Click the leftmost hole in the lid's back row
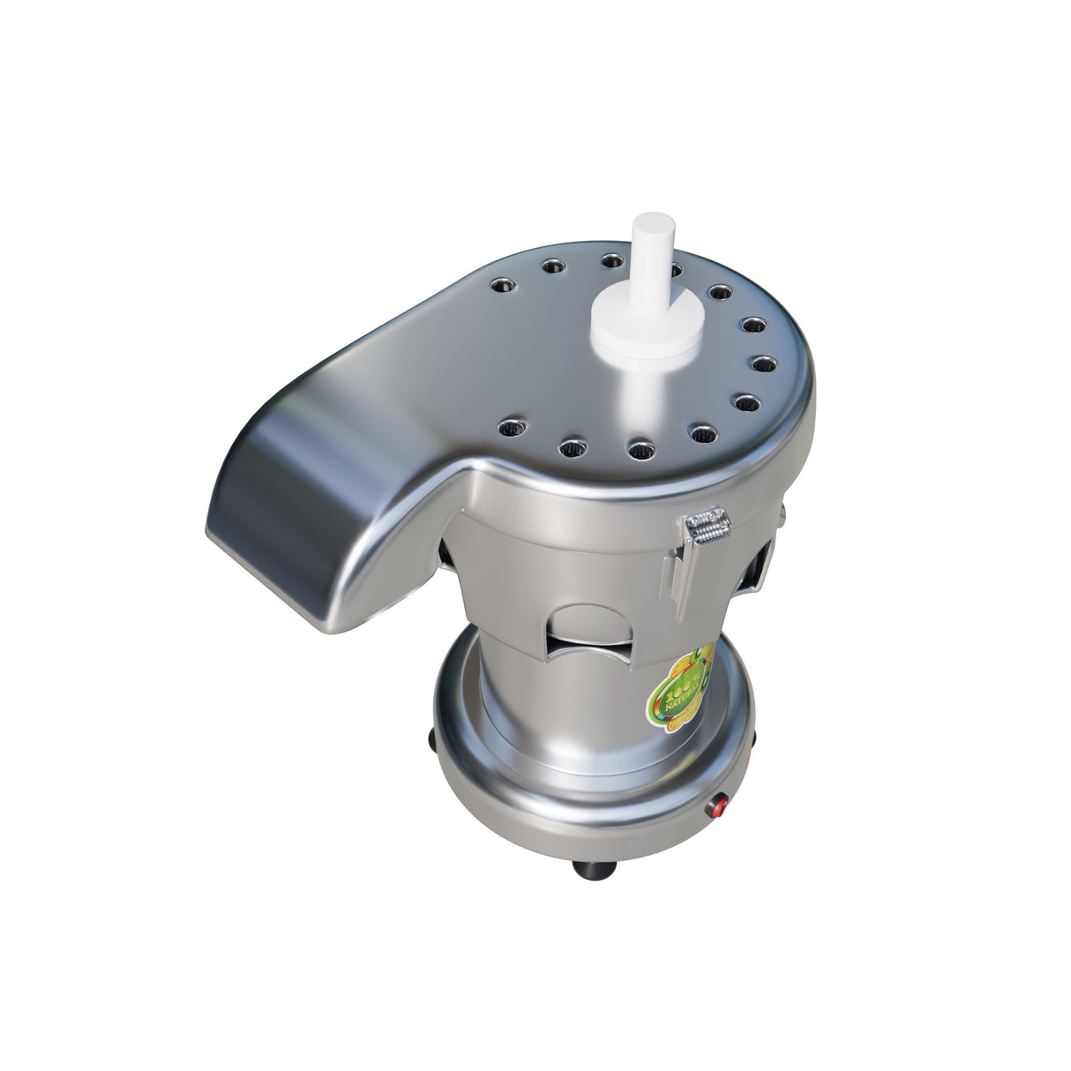click(x=501, y=284)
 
